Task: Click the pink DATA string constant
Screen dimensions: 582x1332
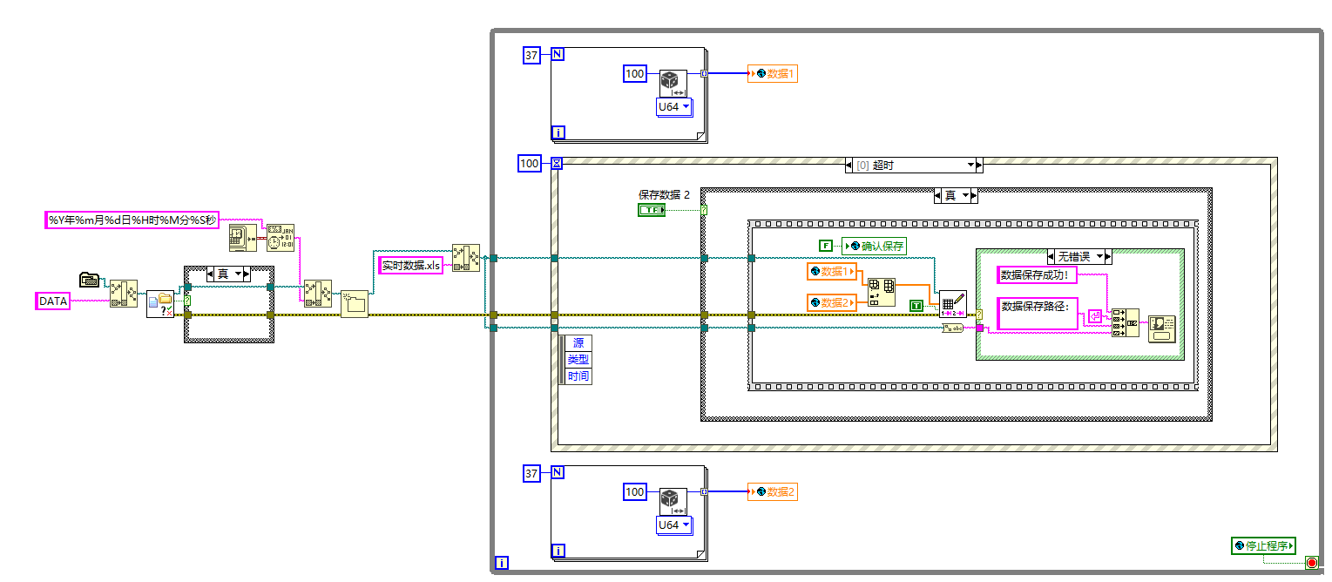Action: (x=52, y=301)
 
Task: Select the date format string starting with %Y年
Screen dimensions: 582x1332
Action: (x=132, y=220)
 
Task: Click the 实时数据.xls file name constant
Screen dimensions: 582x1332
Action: (x=411, y=265)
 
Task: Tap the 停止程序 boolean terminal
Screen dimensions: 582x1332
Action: (x=1263, y=546)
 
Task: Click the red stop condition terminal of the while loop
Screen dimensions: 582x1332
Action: (x=1311, y=563)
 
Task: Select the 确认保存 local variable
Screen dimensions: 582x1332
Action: (x=874, y=247)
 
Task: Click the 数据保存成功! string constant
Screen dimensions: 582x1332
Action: (x=1039, y=275)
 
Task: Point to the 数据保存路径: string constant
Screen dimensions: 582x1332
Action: (x=1037, y=307)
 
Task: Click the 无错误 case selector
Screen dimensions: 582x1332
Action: (x=1078, y=256)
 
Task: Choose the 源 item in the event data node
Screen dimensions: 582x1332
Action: (x=578, y=343)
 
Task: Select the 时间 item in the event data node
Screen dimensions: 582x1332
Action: (x=578, y=376)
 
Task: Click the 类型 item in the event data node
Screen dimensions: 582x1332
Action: (x=578, y=360)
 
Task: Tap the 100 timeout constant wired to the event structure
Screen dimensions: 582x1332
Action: (x=529, y=163)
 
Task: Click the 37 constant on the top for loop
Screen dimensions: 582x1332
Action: (x=531, y=56)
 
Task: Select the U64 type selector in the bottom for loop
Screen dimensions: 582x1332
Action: (x=673, y=525)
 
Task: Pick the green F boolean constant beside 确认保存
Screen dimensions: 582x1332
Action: (x=825, y=247)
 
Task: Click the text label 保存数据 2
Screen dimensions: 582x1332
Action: (x=664, y=195)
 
